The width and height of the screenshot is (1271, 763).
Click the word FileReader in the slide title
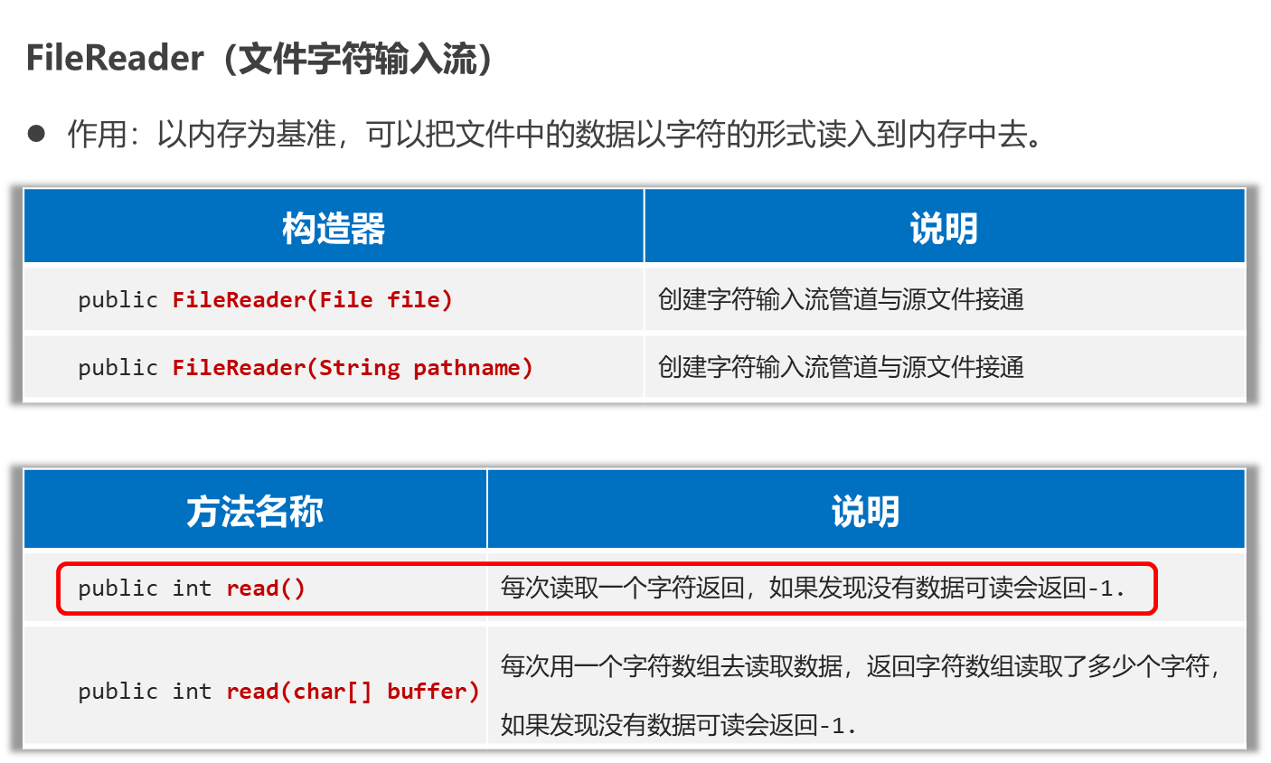point(115,59)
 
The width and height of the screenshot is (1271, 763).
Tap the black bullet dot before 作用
point(36,134)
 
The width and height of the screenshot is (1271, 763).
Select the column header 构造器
point(334,228)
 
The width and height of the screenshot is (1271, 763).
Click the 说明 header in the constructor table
point(944,228)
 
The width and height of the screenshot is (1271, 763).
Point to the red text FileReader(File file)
point(312,299)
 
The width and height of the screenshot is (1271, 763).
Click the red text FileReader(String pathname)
point(352,367)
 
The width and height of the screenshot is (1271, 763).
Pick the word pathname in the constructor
point(466,367)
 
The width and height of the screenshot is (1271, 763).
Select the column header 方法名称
point(255,511)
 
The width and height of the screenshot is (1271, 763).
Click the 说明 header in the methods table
point(865,511)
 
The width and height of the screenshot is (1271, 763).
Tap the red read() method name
point(266,589)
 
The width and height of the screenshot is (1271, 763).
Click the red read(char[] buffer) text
point(352,692)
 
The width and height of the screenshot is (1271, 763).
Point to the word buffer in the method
point(432,692)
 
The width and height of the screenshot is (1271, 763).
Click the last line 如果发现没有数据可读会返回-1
point(678,724)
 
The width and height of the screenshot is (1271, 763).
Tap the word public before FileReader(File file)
point(118,299)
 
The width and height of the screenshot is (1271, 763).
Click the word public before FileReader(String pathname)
point(118,367)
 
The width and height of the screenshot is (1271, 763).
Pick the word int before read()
point(192,589)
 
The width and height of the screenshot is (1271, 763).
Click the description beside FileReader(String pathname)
point(841,367)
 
